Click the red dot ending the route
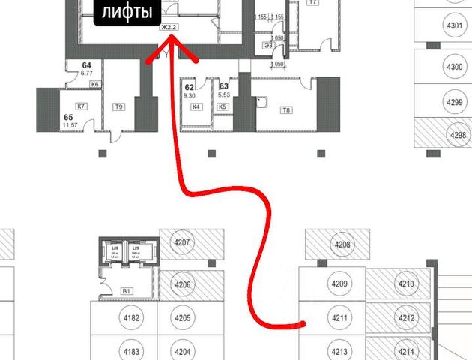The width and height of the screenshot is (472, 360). click(302, 325)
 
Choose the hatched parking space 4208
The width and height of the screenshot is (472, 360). click(342, 244)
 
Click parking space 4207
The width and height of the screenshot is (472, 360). click(183, 243)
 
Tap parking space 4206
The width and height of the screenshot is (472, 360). click(183, 284)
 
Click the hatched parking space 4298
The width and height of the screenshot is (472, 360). click(456, 136)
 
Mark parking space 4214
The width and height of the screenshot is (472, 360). click(407, 349)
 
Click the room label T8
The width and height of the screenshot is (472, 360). click(285, 110)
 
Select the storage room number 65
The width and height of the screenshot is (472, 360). click(68, 118)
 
